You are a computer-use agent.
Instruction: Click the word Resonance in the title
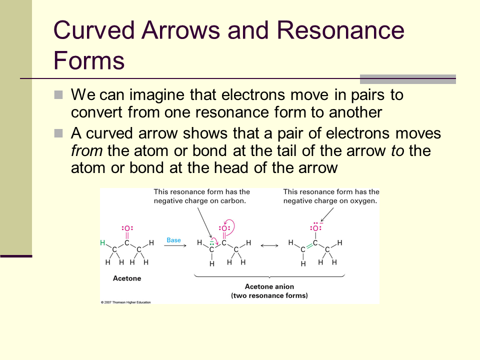[x=340, y=30]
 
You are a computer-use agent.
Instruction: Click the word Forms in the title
[x=89, y=60]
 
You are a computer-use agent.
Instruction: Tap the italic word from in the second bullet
[x=86, y=150]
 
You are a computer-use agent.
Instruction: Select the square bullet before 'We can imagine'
[x=58, y=94]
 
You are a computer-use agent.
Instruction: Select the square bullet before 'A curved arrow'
[x=58, y=133]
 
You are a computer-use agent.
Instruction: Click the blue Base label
[x=173, y=240]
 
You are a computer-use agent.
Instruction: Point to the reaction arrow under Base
[x=175, y=245]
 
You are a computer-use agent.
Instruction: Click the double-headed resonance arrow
[x=269, y=245]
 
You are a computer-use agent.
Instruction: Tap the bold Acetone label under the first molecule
[x=127, y=278]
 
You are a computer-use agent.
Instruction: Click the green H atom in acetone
[x=102, y=243]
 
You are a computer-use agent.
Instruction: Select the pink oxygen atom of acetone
[x=127, y=228]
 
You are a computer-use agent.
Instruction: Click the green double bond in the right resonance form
[x=309, y=246]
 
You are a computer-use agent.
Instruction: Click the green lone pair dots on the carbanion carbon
[x=211, y=244]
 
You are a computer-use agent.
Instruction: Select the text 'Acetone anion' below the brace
[x=269, y=286]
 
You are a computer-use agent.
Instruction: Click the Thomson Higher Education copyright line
[x=126, y=302]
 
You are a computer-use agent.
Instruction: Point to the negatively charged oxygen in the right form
[x=315, y=228]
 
